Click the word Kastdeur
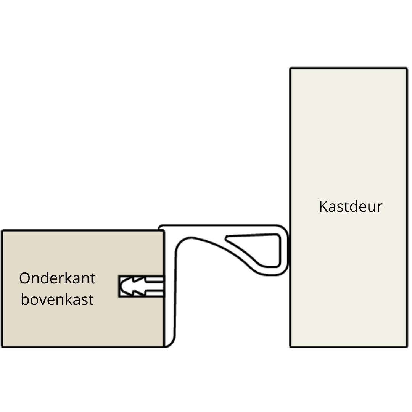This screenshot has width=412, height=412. (x=350, y=206)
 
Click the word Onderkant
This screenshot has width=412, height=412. (x=57, y=278)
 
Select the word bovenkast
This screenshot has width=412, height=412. (x=57, y=299)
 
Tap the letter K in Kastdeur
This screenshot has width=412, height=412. (x=323, y=206)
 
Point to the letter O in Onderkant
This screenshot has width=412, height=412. (x=24, y=278)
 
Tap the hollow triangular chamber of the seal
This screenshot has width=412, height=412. (x=263, y=248)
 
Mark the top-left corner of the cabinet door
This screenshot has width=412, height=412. (x=291, y=69)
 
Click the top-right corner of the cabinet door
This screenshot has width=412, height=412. (x=407, y=69)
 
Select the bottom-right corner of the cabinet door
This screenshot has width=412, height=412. (x=407, y=346)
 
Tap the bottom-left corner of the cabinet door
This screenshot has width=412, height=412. (x=291, y=346)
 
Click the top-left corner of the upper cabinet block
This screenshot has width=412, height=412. (x=2, y=231)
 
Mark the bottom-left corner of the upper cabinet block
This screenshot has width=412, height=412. (x=2, y=346)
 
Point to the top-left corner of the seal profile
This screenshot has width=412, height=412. (x=160, y=227)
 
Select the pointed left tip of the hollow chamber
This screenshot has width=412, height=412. (x=226, y=239)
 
